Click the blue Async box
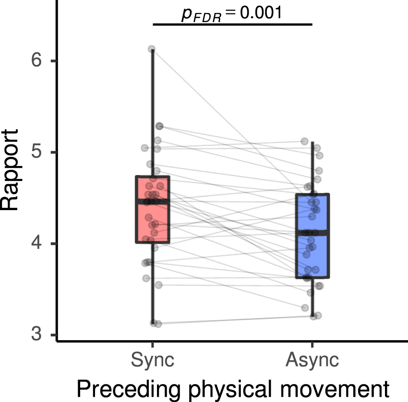[x=312, y=254]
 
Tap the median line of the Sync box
[x=153, y=201]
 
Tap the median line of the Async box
[x=312, y=233]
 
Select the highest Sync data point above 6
[x=152, y=49]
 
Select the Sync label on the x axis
[x=153, y=360]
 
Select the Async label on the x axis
[x=312, y=360]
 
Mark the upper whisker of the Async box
[x=312, y=168]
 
